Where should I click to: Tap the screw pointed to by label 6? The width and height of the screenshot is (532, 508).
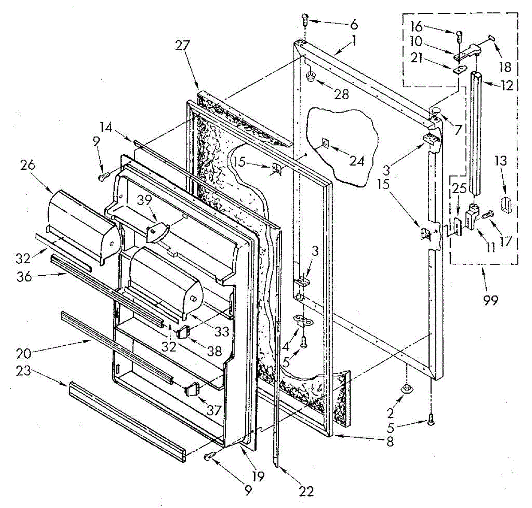tap(305, 19)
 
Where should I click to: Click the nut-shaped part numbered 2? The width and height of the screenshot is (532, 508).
tap(406, 389)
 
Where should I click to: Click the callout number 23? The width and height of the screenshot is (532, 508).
tap(24, 370)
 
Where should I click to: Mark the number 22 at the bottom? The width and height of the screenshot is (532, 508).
tap(306, 491)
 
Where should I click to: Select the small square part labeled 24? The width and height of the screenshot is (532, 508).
tap(325, 143)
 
